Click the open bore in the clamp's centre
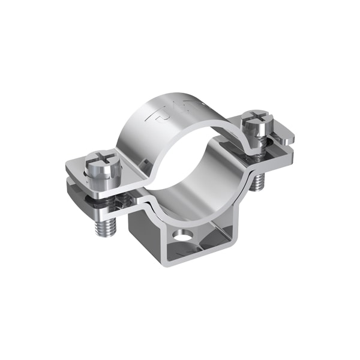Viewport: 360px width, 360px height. click(192, 162)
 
